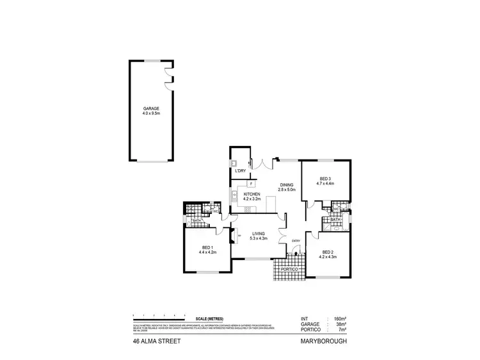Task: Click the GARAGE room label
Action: coord(151,109)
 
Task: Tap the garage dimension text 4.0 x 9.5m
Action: coord(151,114)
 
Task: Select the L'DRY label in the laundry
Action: coord(241,171)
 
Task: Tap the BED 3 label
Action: coord(325,179)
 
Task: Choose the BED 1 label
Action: coord(208,248)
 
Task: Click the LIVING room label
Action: coord(259,234)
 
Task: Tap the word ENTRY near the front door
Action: coord(296,241)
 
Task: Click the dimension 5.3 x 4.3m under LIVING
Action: coord(259,239)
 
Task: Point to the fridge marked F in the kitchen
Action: coord(243,183)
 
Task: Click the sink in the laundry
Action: coord(235,162)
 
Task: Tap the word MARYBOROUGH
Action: coord(324,342)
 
